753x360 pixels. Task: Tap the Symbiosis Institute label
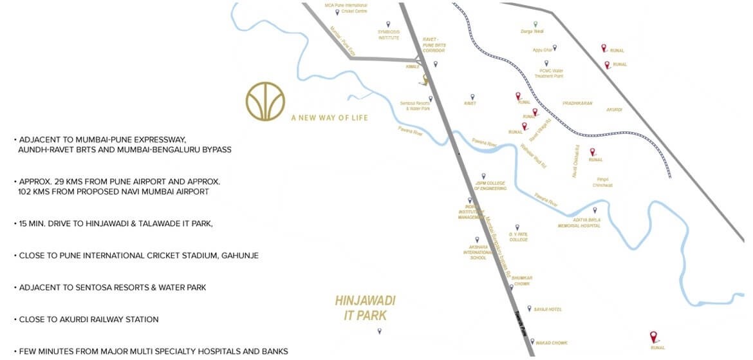389,36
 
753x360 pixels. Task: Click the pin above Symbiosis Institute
388,24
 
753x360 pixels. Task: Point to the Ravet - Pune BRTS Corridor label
434,45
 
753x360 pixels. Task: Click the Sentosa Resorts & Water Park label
414,106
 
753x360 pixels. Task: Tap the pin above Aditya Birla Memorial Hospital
595,210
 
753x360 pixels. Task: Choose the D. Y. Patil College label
519,236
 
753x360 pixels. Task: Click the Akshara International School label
479,252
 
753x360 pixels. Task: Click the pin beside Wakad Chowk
528,343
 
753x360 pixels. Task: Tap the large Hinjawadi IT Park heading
365,308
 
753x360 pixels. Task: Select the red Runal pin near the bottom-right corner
654,336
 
